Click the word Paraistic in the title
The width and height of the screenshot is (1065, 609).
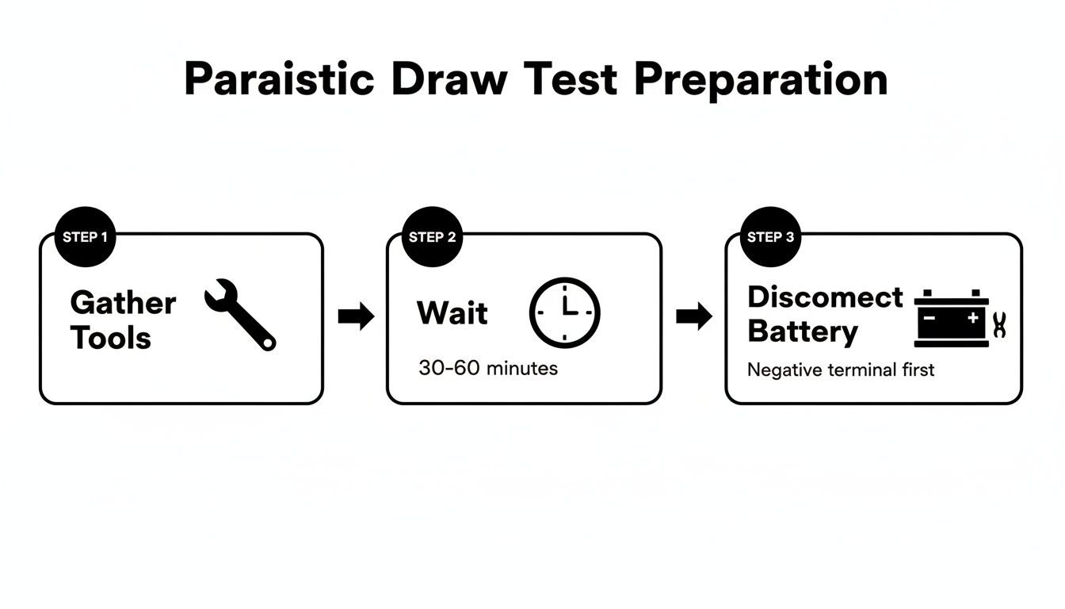279,80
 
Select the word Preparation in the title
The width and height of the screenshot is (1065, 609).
761,80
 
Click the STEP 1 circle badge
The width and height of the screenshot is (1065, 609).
86,237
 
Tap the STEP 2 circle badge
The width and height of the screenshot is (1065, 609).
432,237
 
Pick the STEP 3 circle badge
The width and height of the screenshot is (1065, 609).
770,237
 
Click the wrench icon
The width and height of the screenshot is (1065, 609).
239,314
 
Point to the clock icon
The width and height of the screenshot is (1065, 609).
564,312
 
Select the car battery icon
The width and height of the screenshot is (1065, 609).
952,318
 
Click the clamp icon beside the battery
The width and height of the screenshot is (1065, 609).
999,324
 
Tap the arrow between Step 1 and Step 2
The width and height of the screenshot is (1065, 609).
356,316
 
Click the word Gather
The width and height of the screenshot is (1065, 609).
123,302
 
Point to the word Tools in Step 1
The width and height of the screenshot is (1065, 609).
110,337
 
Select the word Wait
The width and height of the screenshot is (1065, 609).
452,312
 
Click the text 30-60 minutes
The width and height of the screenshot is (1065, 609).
487,368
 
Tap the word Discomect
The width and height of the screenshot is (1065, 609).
825,297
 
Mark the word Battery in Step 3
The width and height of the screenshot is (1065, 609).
802,331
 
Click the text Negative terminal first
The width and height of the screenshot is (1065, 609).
841,370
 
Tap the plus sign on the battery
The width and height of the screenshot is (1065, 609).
972,317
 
